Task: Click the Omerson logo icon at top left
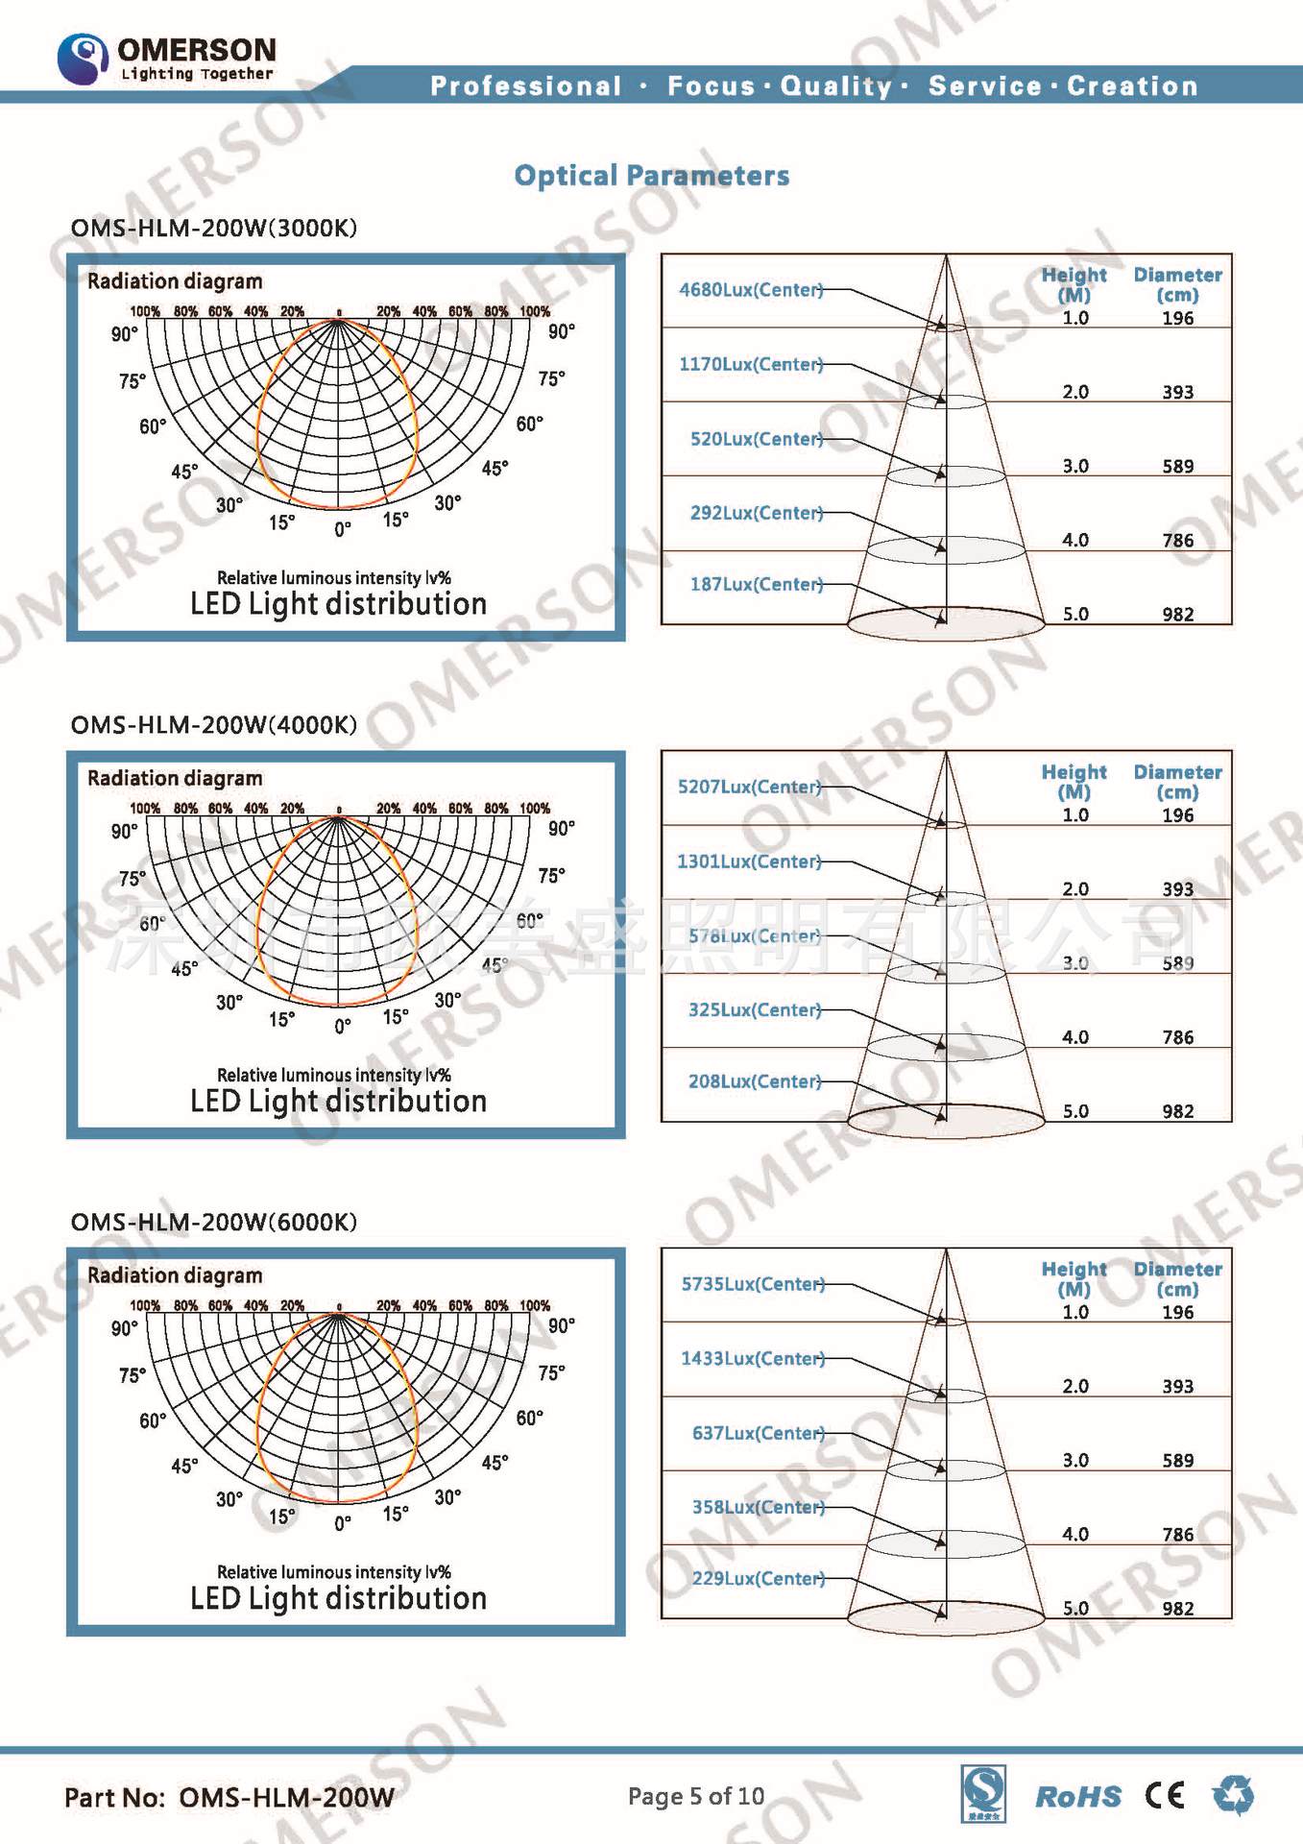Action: (x=83, y=59)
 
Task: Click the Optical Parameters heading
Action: (x=651, y=176)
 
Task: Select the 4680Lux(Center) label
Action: (x=751, y=289)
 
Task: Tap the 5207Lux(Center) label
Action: (x=749, y=787)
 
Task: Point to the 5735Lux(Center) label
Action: (x=753, y=1284)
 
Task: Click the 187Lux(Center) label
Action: (x=757, y=584)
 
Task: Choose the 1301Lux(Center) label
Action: (x=749, y=861)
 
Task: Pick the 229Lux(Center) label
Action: (x=759, y=1578)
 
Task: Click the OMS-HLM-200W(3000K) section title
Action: (x=213, y=229)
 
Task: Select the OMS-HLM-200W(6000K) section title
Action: (x=213, y=1223)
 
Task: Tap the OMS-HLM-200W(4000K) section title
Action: (x=213, y=725)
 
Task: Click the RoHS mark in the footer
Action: (x=1077, y=1797)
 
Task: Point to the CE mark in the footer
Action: (x=1165, y=1795)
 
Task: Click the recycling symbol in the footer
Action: (x=1233, y=1794)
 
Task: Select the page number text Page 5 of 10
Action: (x=695, y=1796)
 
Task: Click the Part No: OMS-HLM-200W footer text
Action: (x=229, y=1798)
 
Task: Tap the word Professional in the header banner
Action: (x=525, y=86)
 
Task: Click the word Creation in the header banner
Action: (x=1132, y=86)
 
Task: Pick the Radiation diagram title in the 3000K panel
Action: (x=175, y=281)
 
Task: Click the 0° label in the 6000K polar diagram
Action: (x=343, y=1523)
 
